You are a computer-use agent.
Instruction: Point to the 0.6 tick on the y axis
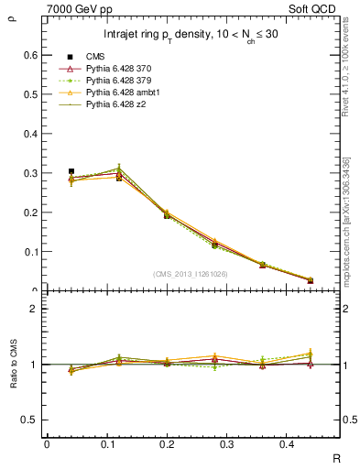coord(30,55)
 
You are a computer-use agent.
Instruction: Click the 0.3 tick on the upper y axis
coord(30,173)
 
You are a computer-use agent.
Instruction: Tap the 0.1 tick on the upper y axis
coord(30,252)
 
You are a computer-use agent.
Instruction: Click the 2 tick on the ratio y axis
coord(34,309)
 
